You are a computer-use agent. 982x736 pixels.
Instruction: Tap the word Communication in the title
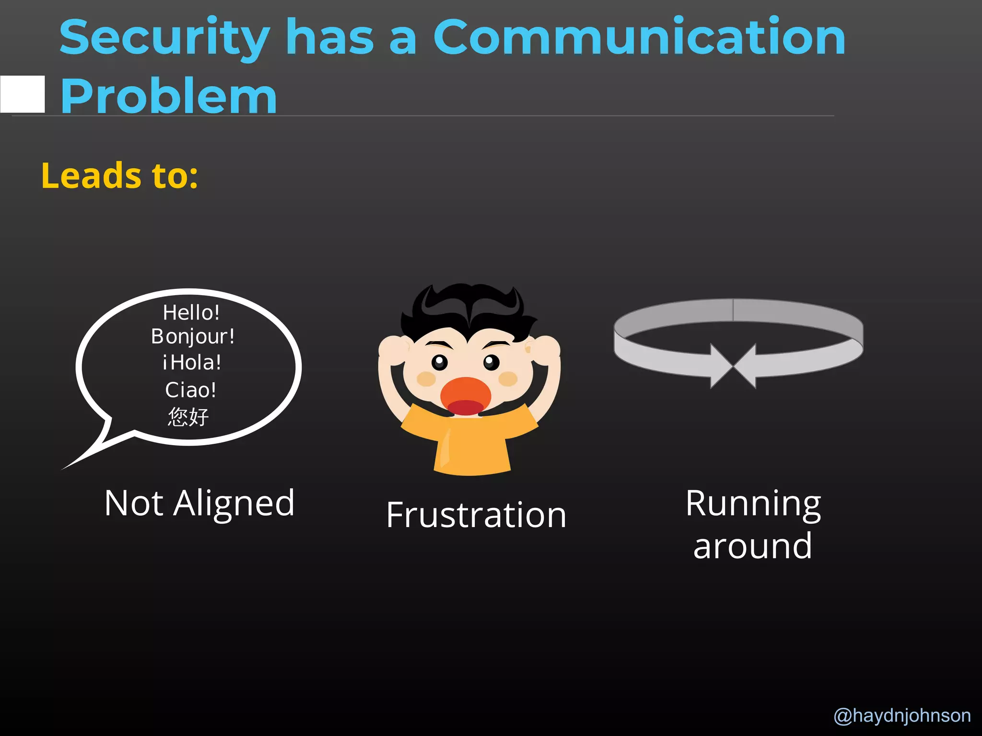639,37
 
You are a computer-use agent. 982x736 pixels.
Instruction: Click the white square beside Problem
23,94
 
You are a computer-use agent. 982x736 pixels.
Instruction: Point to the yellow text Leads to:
119,175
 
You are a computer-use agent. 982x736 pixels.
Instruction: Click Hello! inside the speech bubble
191,313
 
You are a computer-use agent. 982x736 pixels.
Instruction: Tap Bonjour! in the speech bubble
193,336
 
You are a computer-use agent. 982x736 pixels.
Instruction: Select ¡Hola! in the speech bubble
192,362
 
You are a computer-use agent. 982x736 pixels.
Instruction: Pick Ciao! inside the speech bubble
191,390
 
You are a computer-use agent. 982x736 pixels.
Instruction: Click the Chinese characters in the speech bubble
188,416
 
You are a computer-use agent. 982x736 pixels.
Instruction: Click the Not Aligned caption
199,503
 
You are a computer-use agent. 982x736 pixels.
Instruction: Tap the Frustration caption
476,515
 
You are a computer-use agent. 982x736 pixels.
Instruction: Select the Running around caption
753,524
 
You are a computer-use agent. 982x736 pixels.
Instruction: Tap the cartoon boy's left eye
439,363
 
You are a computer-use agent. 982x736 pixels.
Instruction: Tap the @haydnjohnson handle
902,715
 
